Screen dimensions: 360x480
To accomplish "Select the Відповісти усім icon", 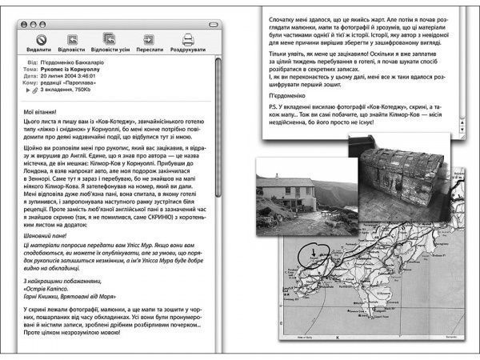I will (110, 38).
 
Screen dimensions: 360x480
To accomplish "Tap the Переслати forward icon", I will (148, 38).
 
